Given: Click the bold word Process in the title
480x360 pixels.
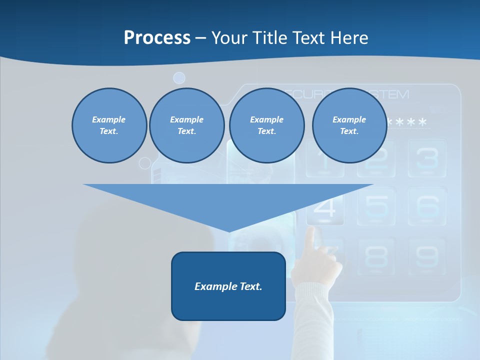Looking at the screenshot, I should click(x=157, y=38).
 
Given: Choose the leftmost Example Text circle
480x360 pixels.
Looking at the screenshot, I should click(x=109, y=125).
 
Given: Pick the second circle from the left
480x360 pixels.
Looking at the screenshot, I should click(x=186, y=125).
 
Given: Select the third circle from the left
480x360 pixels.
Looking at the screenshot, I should click(x=266, y=125).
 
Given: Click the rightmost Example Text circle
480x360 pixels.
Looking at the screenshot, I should click(x=349, y=125).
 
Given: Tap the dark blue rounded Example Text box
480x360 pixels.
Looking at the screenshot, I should click(x=228, y=286).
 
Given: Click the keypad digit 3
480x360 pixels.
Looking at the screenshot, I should click(x=426, y=158).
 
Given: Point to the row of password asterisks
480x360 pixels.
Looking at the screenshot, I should click(x=407, y=122).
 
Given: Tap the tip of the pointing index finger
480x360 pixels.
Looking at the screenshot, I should click(x=311, y=230).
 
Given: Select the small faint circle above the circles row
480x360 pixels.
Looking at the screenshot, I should click(x=179, y=78).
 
